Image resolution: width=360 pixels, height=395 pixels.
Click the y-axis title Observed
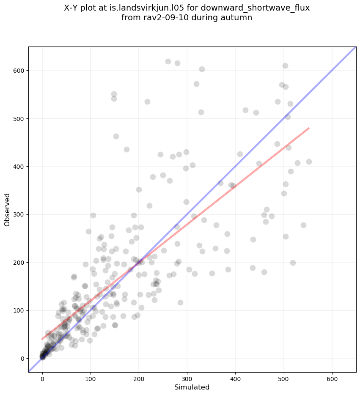click(7, 209)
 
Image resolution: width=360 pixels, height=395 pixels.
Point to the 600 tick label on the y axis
click(18, 71)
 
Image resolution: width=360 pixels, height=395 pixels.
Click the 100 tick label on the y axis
click(18, 310)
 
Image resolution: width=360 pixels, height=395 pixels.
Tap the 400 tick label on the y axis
click(18, 167)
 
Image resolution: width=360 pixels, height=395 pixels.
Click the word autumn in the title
click(237, 18)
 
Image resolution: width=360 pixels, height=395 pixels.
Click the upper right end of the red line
click(309, 128)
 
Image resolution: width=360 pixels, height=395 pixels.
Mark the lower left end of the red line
click(42, 339)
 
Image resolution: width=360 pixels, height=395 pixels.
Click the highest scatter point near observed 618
click(168, 61)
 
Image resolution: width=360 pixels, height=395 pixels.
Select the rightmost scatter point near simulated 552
click(309, 162)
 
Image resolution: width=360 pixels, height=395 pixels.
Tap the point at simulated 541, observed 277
click(303, 225)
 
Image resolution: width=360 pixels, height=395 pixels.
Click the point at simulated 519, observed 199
click(293, 263)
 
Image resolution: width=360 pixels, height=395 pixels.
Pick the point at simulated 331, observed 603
click(202, 69)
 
